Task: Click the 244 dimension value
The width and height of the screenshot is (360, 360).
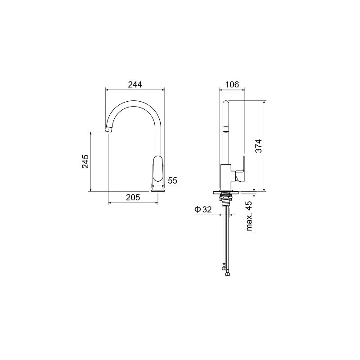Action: (135, 85)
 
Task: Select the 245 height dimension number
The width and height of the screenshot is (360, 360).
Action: (85, 162)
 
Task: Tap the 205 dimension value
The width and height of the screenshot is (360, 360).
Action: (133, 197)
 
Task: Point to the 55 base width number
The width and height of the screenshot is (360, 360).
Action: (172, 181)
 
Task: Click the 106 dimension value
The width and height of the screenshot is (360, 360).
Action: (232, 85)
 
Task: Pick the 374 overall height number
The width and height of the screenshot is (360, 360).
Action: (259, 146)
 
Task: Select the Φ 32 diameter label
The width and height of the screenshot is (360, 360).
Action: (203, 209)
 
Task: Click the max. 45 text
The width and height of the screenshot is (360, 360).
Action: (249, 216)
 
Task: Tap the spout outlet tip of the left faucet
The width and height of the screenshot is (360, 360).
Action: (108, 130)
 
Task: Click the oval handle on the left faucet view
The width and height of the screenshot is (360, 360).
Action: (158, 169)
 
